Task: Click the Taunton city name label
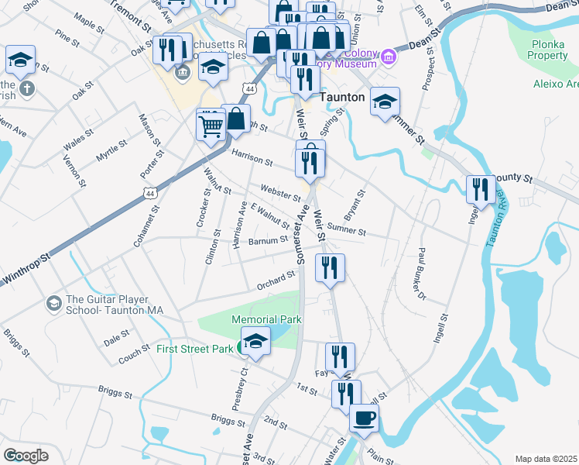[x=341, y=98]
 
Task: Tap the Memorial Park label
[x=266, y=319]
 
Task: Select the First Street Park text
[x=194, y=349]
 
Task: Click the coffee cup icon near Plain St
[x=365, y=418]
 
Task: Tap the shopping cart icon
[x=211, y=124]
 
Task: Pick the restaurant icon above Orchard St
[x=331, y=269]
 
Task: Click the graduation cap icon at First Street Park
[x=255, y=340]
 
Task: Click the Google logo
[x=26, y=456]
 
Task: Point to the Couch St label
[x=134, y=355]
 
